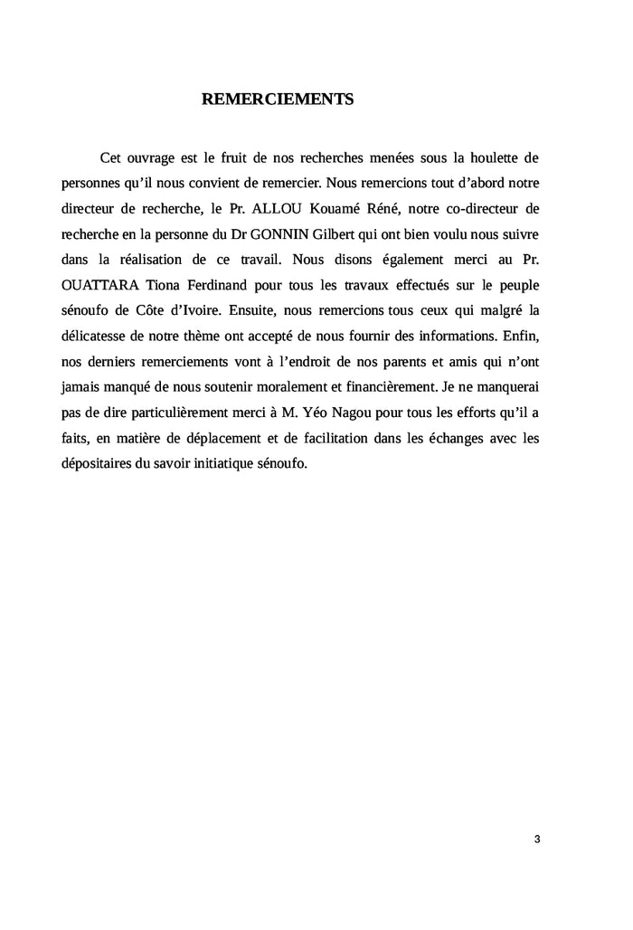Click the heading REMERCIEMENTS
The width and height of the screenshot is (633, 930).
(277, 99)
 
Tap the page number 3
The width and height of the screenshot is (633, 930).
(537, 839)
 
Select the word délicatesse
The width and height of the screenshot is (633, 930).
(97, 335)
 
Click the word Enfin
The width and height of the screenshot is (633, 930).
(520, 335)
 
